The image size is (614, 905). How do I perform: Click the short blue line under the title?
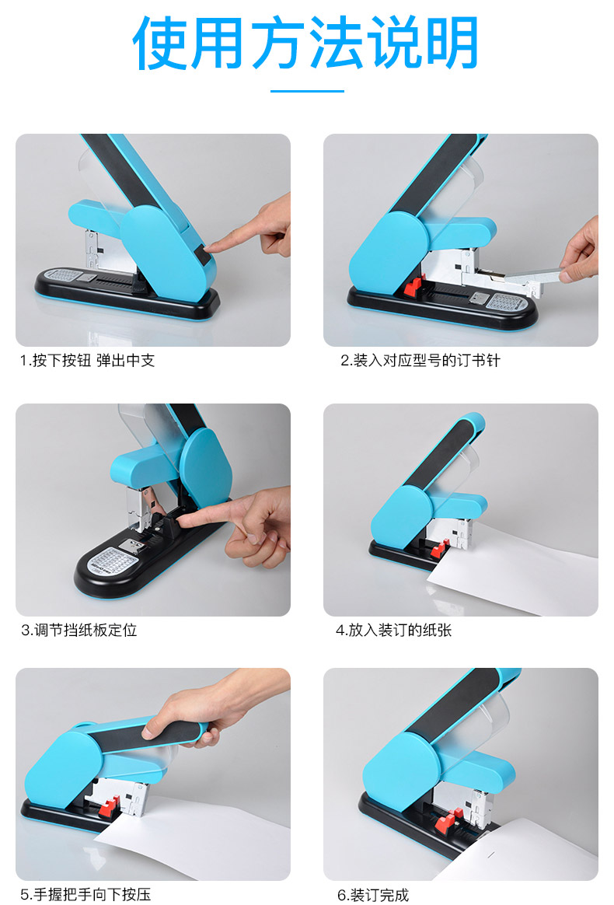coord(307,91)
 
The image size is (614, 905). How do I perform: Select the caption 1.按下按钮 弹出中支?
coord(88,361)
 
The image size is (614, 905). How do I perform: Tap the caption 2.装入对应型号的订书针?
coord(420,361)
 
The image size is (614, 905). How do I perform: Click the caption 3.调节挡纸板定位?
coord(79,630)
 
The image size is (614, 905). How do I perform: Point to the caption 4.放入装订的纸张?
coord(393,630)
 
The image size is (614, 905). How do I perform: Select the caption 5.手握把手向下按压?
coord(85,895)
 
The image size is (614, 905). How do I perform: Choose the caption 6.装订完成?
coord(373,895)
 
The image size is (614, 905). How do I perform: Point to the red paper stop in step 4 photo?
coord(440,548)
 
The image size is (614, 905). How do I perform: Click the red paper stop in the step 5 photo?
coord(109,805)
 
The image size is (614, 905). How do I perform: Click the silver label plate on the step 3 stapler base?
coord(113,559)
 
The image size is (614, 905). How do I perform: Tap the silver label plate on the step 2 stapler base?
coord(507,302)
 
